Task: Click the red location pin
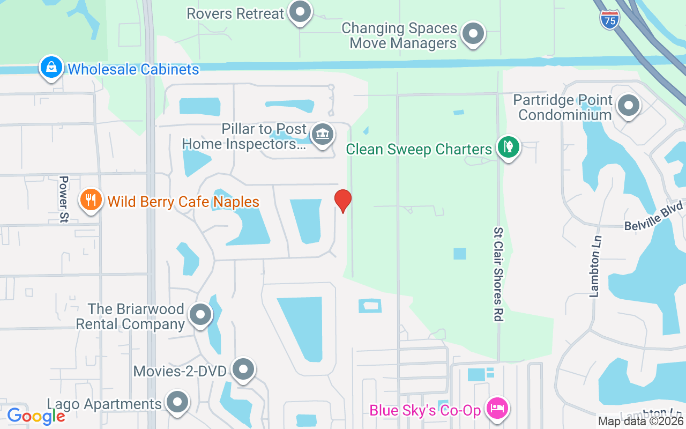click(343, 201)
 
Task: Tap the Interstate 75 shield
click(610, 19)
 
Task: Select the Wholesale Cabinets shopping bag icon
click(50, 68)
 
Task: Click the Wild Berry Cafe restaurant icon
click(91, 200)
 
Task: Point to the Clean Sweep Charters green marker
click(508, 147)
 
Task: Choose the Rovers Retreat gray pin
click(300, 12)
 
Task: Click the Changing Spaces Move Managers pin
click(473, 33)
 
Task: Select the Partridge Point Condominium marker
click(628, 106)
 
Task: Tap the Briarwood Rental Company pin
click(200, 315)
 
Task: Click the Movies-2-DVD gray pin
click(244, 369)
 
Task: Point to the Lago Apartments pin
click(177, 402)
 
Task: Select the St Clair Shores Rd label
click(498, 274)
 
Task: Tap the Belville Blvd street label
click(654, 216)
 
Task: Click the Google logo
click(36, 416)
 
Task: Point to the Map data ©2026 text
click(640, 421)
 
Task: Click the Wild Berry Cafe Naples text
click(183, 202)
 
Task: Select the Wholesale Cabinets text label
click(133, 69)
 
